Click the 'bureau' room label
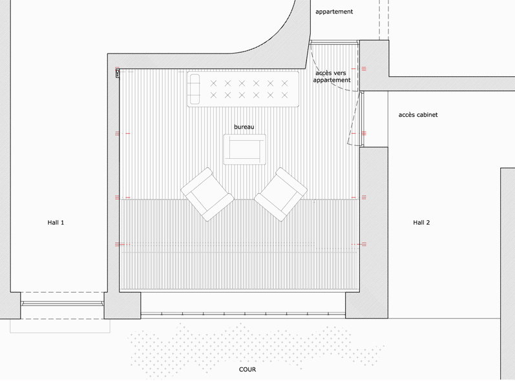coord(244,127)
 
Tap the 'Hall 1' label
coord(56,223)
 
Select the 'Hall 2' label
coord(421,223)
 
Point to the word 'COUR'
coord(247,369)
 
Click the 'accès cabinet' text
coord(418,115)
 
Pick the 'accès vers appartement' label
coord(331,76)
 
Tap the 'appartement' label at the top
coord(334,12)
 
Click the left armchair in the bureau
coord(207,194)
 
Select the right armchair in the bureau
coord(281,194)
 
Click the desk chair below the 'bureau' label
coord(245,149)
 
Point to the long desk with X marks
coord(243,89)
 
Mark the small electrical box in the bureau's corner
coord(118,73)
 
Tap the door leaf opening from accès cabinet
coord(355,118)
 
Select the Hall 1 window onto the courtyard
coord(63,304)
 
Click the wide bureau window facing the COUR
coord(243,315)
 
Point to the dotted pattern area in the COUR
coord(256,349)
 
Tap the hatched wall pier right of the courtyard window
coord(366,305)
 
